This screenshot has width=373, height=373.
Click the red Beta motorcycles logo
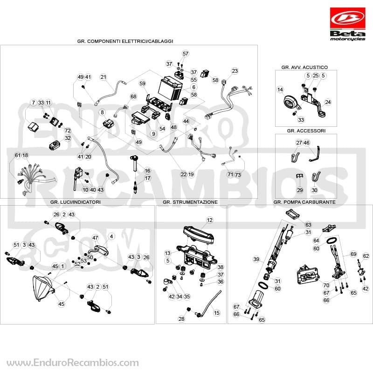click(x=347, y=24)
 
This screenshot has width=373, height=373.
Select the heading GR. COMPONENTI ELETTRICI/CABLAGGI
click(x=125, y=41)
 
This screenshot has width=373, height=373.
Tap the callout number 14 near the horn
click(x=280, y=90)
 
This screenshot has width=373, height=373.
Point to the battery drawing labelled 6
click(x=170, y=88)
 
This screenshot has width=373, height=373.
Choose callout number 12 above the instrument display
click(x=209, y=220)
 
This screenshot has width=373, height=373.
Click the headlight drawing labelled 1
click(x=43, y=288)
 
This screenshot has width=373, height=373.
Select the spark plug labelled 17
click(x=135, y=187)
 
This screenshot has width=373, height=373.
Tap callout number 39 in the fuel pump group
click(x=256, y=259)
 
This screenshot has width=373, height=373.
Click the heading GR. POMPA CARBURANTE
click(x=304, y=202)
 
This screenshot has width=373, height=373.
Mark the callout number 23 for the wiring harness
click(x=235, y=71)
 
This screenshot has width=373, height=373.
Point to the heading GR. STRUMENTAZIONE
click(x=190, y=202)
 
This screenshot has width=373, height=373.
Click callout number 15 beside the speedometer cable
click(x=217, y=312)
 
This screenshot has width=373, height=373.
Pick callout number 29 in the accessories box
click(x=300, y=190)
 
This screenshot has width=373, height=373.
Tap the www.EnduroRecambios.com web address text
click(x=73, y=363)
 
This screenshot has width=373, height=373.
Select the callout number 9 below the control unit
click(x=154, y=134)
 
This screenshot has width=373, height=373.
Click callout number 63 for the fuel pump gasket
click(x=308, y=225)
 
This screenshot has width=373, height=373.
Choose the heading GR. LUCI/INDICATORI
click(x=76, y=202)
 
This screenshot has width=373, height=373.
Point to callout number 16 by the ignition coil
click(x=147, y=171)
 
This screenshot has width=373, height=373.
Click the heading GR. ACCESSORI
click(x=306, y=131)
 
